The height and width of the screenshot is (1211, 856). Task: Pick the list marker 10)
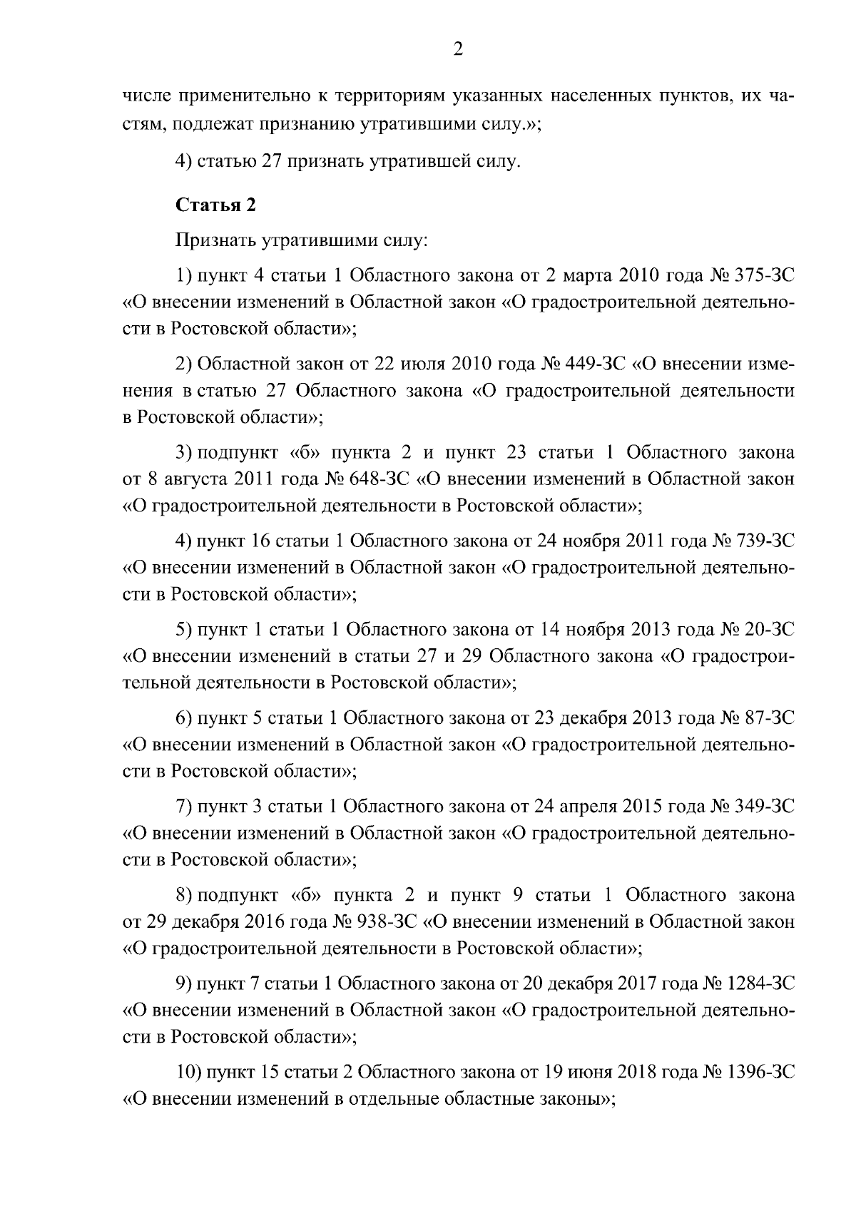[x=189, y=1073]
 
